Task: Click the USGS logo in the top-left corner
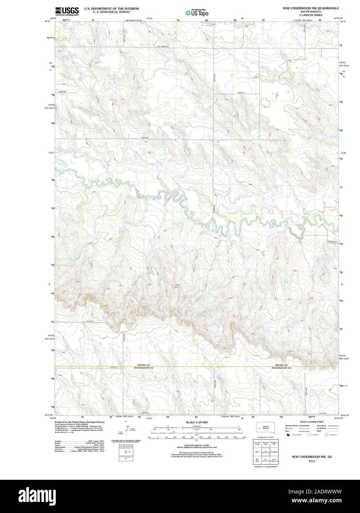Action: [x=67, y=11]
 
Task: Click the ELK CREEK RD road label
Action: [x=163, y=47]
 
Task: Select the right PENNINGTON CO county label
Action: [x=282, y=368]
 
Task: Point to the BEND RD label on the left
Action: [x=62, y=91]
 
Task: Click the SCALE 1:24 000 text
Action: [x=196, y=422]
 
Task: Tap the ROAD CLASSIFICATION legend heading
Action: [x=312, y=422]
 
